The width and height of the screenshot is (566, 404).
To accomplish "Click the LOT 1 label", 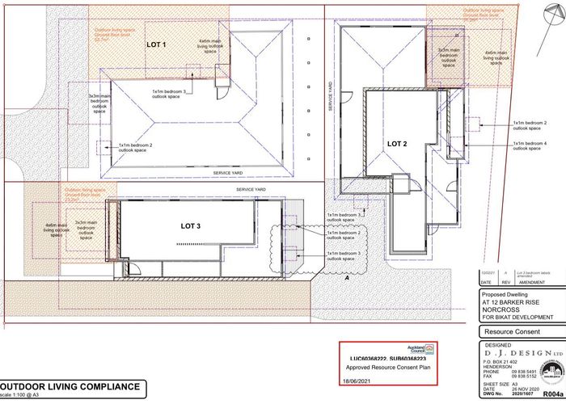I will [x=155, y=45].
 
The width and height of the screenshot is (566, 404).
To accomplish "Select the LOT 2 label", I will [x=398, y=143].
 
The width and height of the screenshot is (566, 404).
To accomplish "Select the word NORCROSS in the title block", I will [x=502, y=309].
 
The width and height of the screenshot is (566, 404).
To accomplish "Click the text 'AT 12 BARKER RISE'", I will [x=510, y=301].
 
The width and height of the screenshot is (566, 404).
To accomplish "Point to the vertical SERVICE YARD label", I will [x=331, y=95].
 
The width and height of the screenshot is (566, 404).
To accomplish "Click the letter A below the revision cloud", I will [x=347, y=276].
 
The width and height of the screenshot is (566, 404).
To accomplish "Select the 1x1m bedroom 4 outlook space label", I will [x=530, y=145].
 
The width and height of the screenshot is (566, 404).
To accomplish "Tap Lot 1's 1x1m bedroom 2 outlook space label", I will [x=133, y=147].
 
